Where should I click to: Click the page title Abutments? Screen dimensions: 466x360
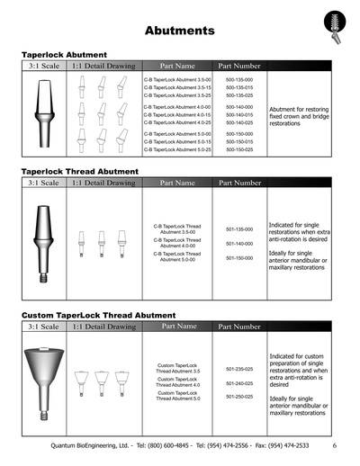[179, 31]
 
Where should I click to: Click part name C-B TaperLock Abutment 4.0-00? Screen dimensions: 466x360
[177, 107]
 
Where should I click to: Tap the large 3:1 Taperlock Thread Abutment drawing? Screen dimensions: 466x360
[42, 240]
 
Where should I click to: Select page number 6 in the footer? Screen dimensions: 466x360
[334, 445]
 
